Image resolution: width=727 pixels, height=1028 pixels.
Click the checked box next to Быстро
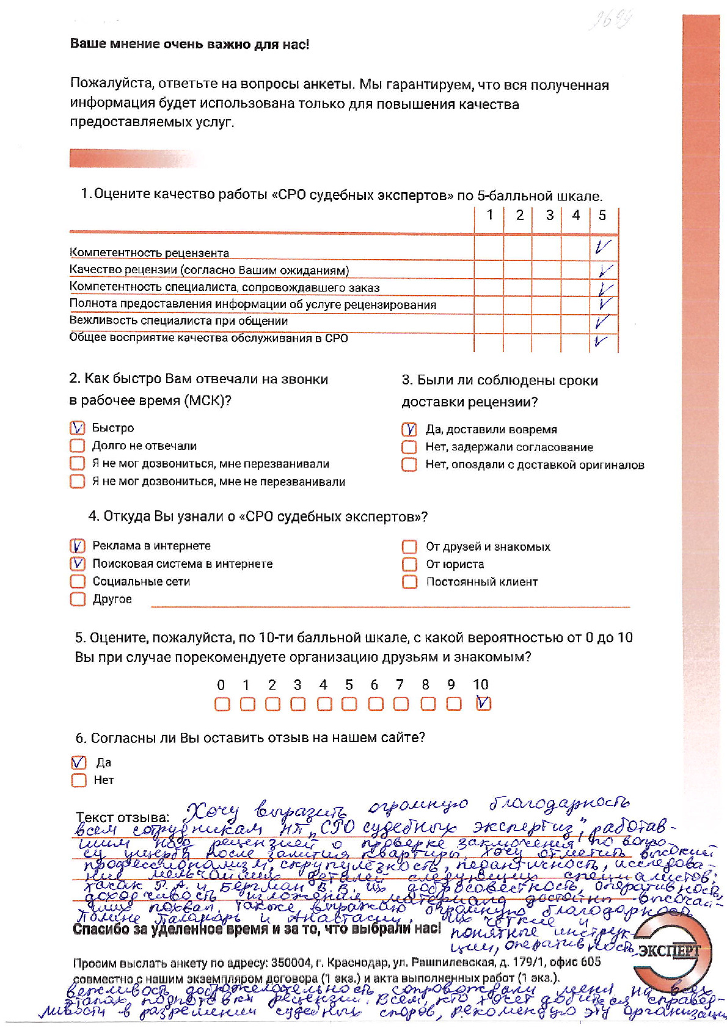77,428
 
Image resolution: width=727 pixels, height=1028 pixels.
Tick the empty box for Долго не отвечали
77,446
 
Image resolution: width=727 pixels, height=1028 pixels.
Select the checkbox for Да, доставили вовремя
409,430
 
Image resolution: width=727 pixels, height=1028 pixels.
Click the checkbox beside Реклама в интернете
78,545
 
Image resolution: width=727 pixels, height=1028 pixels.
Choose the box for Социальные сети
78,581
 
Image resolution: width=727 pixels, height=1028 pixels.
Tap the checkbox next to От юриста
409,564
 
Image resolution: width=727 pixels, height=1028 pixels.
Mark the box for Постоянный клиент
409,582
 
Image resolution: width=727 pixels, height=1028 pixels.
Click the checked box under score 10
483,703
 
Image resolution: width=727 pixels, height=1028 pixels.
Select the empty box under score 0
222,704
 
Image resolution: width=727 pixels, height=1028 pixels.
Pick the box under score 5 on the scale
349,704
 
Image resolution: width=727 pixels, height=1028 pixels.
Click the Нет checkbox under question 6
79,780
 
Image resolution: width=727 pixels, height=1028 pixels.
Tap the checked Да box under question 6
79,763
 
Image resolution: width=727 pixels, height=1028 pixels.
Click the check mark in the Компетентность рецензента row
602,247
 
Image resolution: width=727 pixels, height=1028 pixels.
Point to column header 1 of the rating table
489,215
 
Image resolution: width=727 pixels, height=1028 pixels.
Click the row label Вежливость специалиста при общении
178,321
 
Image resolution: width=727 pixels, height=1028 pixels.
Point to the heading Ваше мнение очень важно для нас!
189,44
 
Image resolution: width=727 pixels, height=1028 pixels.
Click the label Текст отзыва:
122,817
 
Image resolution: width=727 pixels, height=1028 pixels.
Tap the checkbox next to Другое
78,599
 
